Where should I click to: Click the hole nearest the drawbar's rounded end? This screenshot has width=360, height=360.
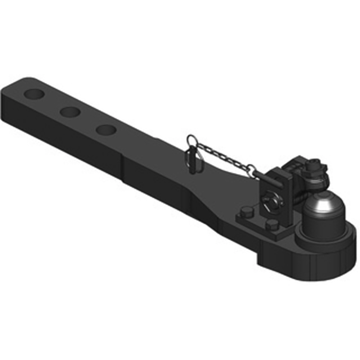33,94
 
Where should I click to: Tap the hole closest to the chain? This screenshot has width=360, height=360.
106,130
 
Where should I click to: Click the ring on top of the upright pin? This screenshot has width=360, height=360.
192,140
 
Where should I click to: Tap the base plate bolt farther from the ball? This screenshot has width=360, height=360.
245,213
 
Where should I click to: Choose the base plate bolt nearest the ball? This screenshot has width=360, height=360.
271,225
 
